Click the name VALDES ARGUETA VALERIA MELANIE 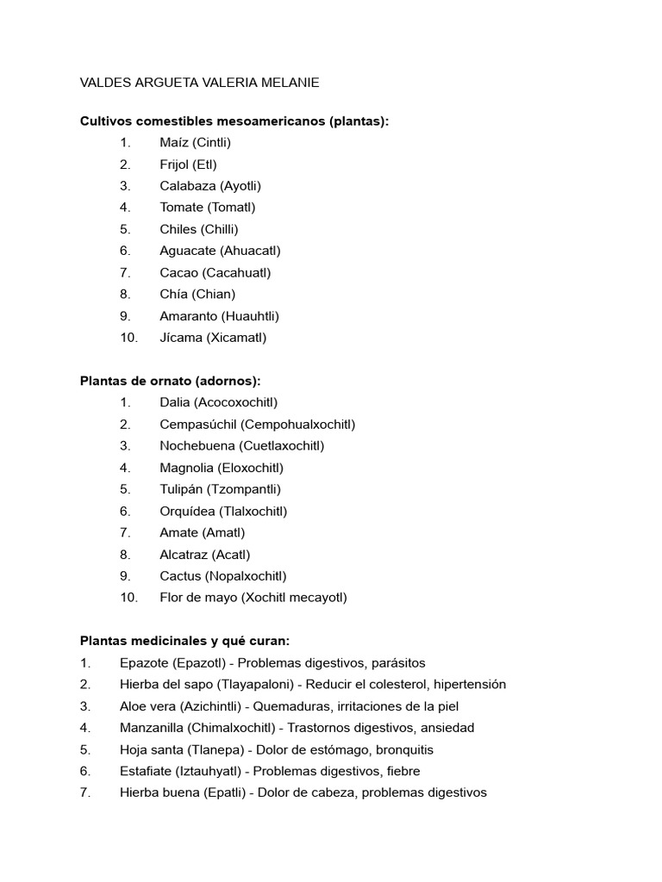[x=199, y=83]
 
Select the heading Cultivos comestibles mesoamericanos [x=234, y=121]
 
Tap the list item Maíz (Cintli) [x=195, y=143]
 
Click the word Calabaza [x=187, y=186]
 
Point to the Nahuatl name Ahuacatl [x=251, y=251]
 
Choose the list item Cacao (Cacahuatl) [x=215, y=273]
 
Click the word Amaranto [x=189, y=316]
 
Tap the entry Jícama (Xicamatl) [x=213, y=338]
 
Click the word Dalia [x=175, y=402]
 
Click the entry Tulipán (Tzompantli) [x=220, y=489]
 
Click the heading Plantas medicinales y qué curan [x=185, y=641]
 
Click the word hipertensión [x=470, y=685]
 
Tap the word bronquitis [x=403, y=749]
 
